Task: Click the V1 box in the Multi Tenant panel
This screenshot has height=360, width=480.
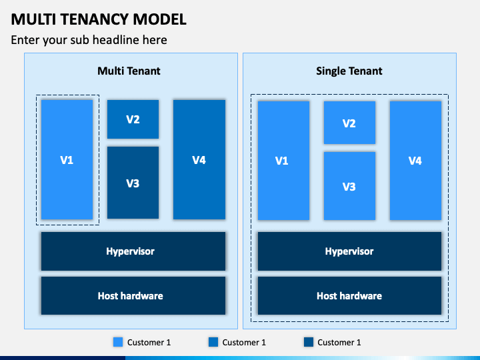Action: click(x=67, y=159)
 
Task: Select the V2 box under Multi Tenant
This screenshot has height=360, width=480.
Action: click(x=133, y=119)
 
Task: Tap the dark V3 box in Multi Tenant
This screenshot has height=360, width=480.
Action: click(x=133, y=183)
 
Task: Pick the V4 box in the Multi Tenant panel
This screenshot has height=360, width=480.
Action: click(x=199, y=159)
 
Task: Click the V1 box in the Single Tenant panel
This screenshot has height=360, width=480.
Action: click(x=283, y=160)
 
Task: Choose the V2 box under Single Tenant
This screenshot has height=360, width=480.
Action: click(x=349, y=123)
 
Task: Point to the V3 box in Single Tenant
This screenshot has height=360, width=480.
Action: click(x=349, y=186)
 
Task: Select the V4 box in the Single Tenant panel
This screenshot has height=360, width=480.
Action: click(x=415, y=160)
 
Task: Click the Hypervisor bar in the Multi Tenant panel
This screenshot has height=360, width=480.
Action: click(x=133, y=251)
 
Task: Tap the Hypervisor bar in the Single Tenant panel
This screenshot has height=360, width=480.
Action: click(x=349, y=251)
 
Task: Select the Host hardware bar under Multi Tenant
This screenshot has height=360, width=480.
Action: click(x=133, y=295)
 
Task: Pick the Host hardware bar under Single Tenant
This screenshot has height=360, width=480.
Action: click(x=349, y=295)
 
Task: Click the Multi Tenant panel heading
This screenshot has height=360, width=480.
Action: click(x=129, y=71)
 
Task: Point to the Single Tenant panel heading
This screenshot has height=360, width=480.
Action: click(x=349, y=71)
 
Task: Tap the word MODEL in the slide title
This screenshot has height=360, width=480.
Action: click(x=162, y=19)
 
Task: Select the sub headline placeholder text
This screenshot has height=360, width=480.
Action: click(x=89, y=40)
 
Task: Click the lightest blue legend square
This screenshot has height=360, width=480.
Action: click(x=118, y=342)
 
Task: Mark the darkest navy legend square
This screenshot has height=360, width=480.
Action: click(x=308, y=342)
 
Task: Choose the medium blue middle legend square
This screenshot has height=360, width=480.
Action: click(x=213, y=342)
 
